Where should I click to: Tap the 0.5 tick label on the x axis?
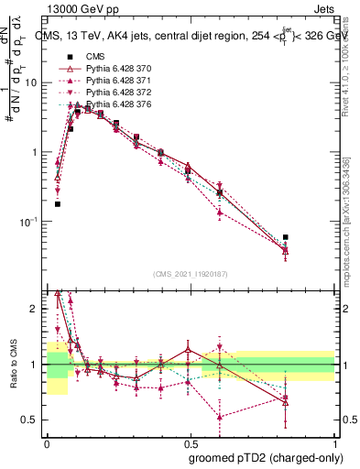coord(191,442)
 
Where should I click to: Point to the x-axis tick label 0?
coord(47,442)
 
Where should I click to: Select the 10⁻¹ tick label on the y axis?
coord(29,222)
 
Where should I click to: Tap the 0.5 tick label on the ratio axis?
coord(32,420)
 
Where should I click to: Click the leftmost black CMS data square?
coord(58,204)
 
